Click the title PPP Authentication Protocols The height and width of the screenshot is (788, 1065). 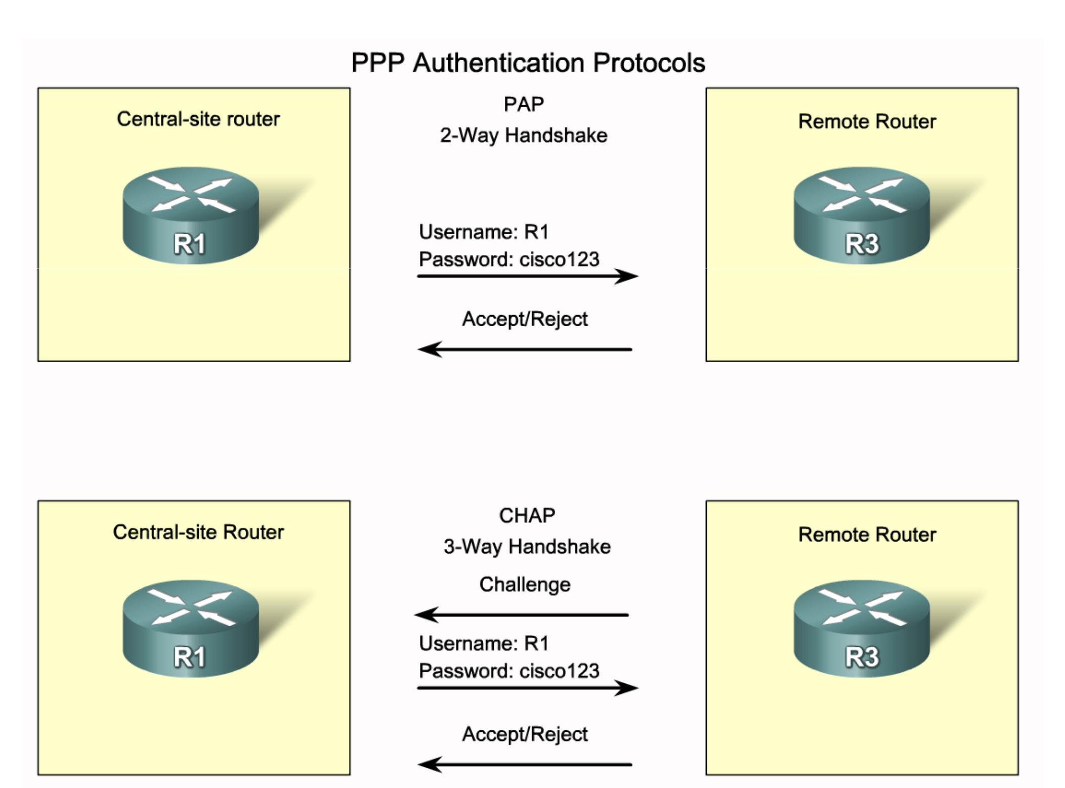(x=528, y=63)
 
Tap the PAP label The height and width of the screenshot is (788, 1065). (x=524, y=104)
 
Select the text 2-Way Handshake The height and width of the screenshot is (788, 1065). (x=524, y=135)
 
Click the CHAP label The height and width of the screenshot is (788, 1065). (x=527, y=515)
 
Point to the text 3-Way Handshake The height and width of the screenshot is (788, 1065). (x=527, y=546)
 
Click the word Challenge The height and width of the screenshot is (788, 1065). (x=525, y=584)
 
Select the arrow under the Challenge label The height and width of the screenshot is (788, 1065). (x=522, y=615)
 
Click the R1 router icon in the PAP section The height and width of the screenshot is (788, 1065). (x=191, y=216)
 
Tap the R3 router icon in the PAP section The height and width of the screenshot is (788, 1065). (x=862, y=216)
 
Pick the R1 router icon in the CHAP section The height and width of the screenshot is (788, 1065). (x=191, y=629)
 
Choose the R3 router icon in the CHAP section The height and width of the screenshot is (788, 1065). (x=862, y=629)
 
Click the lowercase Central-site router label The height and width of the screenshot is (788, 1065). (x=198, y=119)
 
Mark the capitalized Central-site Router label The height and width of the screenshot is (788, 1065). (x=198, y=532)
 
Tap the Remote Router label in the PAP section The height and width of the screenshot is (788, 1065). (x=867, y=121)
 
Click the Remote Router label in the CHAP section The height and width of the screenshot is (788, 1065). (x=867, y=535)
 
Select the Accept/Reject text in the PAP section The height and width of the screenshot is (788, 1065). (x=525, y=319)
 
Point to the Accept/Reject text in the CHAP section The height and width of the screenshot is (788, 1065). (x=525, y=734)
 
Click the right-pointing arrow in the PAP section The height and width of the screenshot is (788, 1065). (x=527, y=276)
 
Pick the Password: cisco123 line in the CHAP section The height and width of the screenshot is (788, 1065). (x=509, y=671)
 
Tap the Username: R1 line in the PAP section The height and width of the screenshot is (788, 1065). (x=484, y=232)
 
